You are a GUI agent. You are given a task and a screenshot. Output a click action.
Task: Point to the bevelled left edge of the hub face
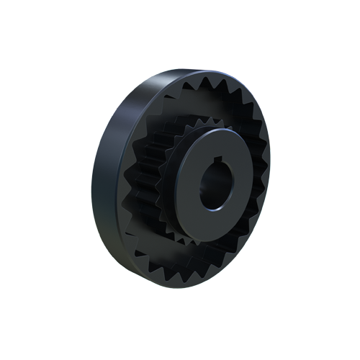178,189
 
